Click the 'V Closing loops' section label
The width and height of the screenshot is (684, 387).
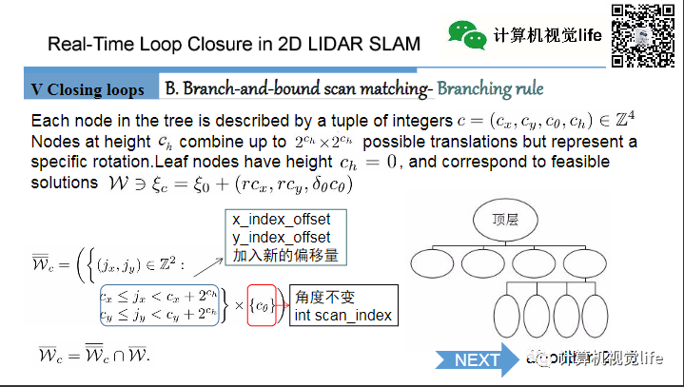point(88,89)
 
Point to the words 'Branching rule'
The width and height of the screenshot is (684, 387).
point(490,88)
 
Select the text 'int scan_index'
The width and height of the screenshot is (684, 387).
point(343,315)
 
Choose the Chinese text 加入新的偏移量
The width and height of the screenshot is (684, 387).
point(284,255)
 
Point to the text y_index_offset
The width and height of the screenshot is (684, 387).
point(282,237)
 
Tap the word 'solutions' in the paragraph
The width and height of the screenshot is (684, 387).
point(64,182)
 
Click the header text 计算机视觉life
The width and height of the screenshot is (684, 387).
point(547,35)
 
